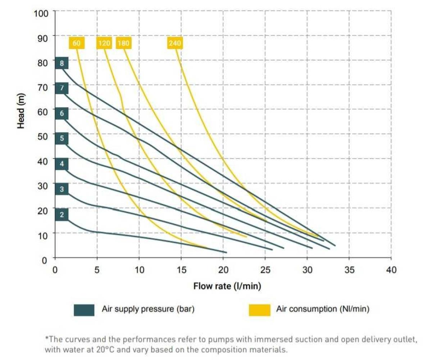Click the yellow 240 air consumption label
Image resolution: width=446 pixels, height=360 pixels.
(175, 43)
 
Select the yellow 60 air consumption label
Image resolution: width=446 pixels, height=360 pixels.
(77, 43)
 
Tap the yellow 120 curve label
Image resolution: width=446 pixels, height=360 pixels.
(104, 43)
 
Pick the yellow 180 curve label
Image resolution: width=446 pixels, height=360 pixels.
(123, 43)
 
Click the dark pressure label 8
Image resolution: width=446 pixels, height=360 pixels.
(62, 63)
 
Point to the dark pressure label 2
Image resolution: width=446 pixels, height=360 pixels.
(62, 215)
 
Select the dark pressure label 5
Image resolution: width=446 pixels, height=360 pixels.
(62, 138)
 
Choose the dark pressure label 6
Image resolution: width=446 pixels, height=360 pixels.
(62, 113)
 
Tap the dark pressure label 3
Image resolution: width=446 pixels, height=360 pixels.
(62, 189)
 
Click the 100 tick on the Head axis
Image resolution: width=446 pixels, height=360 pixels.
(41, 13)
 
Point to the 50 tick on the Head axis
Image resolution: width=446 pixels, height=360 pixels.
(42, 136)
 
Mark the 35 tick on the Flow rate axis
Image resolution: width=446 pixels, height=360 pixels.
(349, 270)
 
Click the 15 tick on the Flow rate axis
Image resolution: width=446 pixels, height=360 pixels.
(181, 270)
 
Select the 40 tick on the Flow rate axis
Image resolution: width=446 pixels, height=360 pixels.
(391, 270)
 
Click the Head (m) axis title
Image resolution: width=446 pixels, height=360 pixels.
(21, 111)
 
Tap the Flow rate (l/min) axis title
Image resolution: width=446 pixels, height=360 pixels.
(227, 286)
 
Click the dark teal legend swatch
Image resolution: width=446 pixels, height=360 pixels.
(84, 310)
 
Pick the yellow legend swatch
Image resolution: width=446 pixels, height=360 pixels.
(259, 310)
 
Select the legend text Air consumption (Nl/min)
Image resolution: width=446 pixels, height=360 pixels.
(323, 309)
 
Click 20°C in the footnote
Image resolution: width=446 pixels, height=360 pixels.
(105, 350)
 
